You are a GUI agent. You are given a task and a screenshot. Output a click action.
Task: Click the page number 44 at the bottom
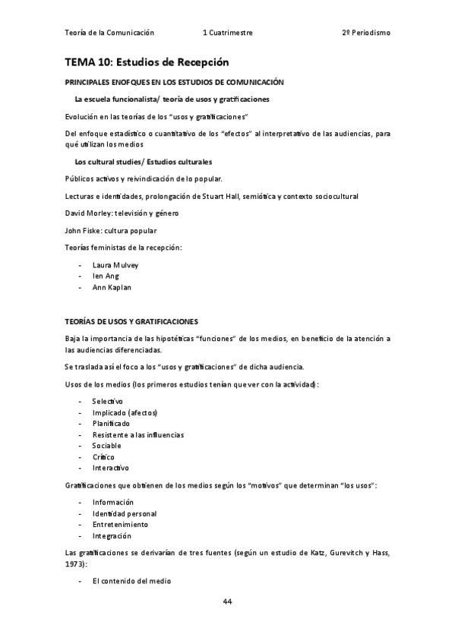227,601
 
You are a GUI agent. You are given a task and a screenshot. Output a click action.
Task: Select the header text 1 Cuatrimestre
228,33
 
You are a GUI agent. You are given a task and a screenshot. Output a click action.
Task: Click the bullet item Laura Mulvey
115,265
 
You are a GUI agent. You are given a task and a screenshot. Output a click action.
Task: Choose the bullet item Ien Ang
106,276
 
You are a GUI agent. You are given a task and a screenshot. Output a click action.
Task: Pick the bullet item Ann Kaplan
110,288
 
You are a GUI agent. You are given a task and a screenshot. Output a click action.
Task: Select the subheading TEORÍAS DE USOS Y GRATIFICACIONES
131,322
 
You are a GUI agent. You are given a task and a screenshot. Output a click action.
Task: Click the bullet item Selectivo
107,401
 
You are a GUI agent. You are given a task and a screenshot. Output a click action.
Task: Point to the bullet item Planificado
111,423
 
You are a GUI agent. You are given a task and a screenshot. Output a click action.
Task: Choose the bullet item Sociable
107,445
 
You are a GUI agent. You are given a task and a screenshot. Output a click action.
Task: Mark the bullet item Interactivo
111,467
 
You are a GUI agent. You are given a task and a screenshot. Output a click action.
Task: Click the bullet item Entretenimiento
120,524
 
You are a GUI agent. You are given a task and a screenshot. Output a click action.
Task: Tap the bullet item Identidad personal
125,513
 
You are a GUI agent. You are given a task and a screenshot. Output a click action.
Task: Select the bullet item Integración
112,535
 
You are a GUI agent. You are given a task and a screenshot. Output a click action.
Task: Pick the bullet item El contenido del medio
131,581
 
